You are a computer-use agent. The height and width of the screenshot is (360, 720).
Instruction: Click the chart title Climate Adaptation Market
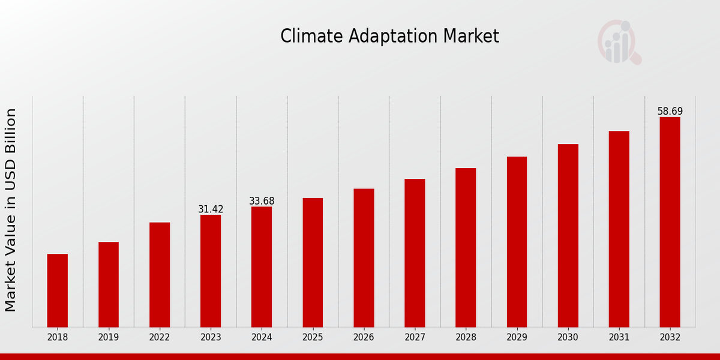389,37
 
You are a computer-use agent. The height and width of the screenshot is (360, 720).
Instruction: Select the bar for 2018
58,290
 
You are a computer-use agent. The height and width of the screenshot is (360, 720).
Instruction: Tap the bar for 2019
109,284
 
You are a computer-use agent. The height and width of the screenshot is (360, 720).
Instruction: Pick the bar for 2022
160,275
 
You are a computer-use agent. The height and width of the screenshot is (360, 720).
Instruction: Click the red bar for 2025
313,262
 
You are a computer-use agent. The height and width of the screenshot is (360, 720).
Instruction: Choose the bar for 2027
415,253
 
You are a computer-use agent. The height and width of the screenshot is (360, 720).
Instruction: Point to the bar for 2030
568,235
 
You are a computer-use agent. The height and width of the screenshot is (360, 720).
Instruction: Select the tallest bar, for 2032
670,222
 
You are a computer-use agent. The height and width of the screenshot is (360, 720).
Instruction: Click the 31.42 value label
211,209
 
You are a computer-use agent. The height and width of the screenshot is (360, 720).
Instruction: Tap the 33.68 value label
262,201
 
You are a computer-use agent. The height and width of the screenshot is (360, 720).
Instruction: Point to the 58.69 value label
670,112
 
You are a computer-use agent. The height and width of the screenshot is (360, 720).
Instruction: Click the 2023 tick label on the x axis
211,338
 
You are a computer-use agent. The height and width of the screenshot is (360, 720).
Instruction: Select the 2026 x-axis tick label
364,338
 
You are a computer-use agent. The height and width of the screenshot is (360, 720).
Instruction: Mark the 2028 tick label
466,338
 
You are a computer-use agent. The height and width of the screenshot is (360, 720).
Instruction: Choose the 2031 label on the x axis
619,338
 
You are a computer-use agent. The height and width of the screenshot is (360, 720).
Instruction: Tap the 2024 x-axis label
262,338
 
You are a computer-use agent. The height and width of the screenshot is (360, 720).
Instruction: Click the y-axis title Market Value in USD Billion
11,210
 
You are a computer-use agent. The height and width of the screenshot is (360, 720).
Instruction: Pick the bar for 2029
517,242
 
